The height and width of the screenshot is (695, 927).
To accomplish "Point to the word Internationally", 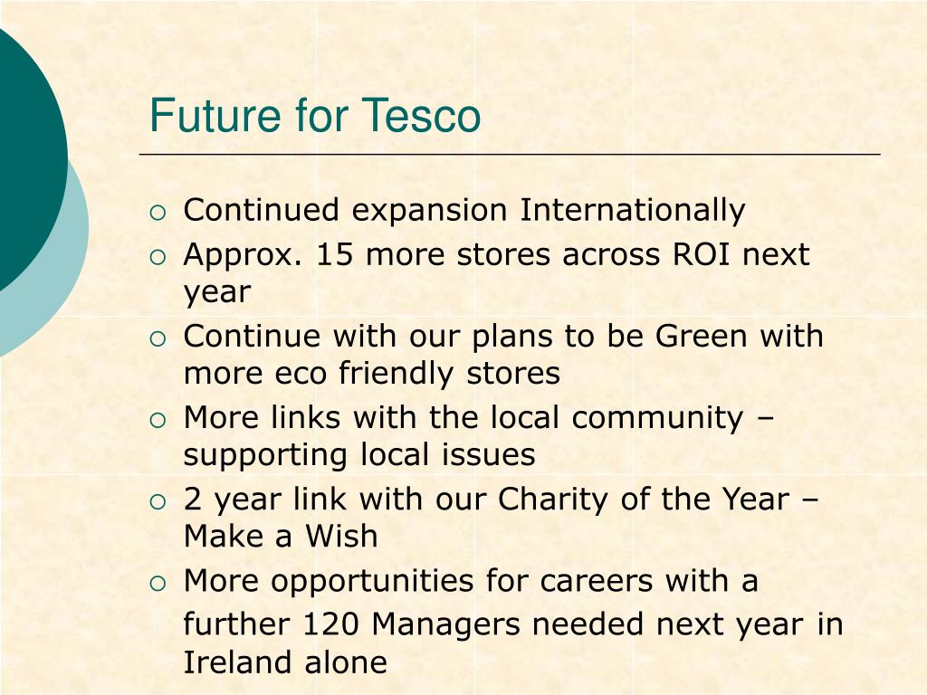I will pyautogui.click(x=632, y=211).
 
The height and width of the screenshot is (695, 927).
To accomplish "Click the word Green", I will pyautogui.click(x=702, y=337).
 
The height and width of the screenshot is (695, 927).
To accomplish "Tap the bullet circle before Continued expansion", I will pyautogui.click(x=158, y=213).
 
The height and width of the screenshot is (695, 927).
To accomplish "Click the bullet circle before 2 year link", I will pyautogui.click(x=158, y=501).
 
